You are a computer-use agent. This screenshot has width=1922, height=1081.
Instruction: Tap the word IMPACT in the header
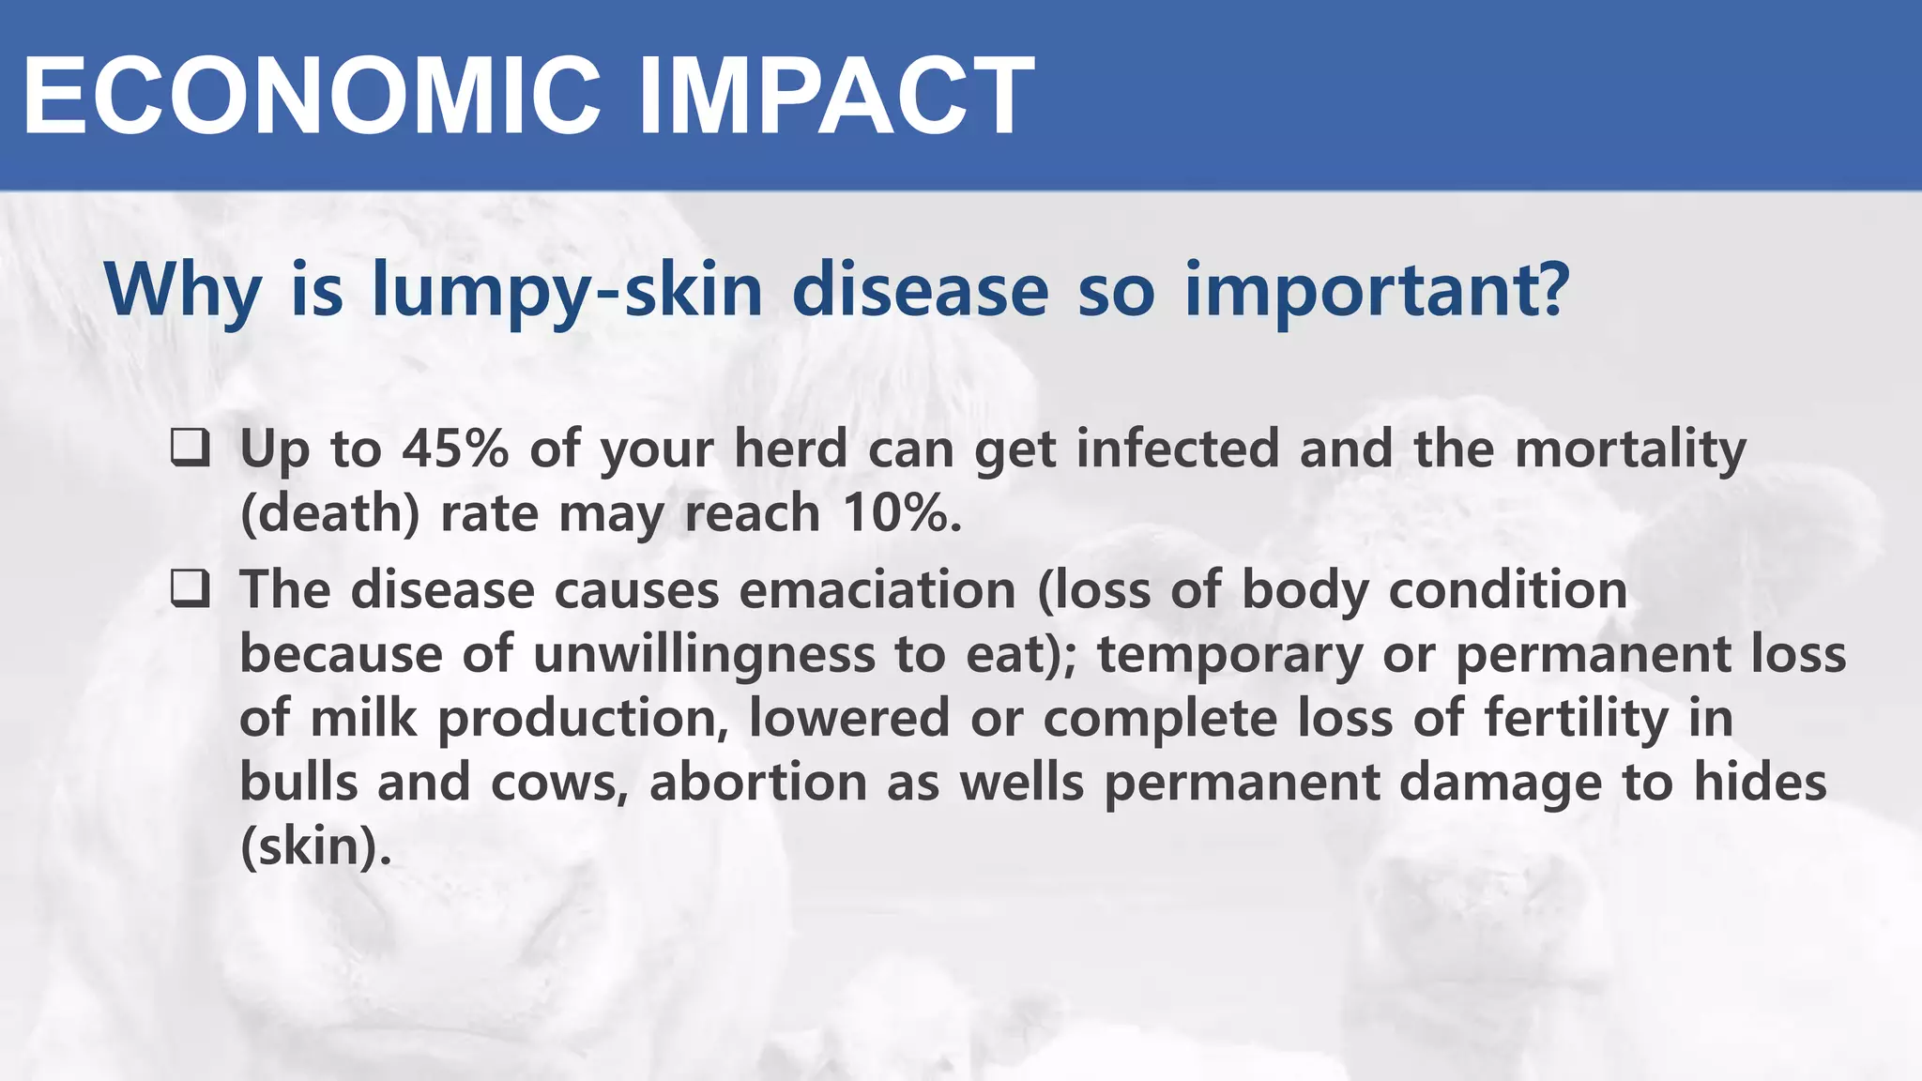click(835, 97)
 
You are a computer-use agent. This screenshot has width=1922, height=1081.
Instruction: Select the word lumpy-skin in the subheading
click(567, 291)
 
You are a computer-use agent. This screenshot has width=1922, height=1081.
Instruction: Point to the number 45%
click(455, 449)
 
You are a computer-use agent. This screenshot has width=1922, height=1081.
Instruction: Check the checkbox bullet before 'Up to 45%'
click(190, 448)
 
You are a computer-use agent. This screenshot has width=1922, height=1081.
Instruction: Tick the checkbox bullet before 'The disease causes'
click(190, 589)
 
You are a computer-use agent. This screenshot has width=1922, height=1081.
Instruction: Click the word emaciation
click(877, 590)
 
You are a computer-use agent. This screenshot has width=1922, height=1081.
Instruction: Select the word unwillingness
click(704, 654)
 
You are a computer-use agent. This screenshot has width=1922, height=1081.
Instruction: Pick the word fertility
click(1577, 719)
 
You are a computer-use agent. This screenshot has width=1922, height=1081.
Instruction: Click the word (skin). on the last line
click(315, 846)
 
